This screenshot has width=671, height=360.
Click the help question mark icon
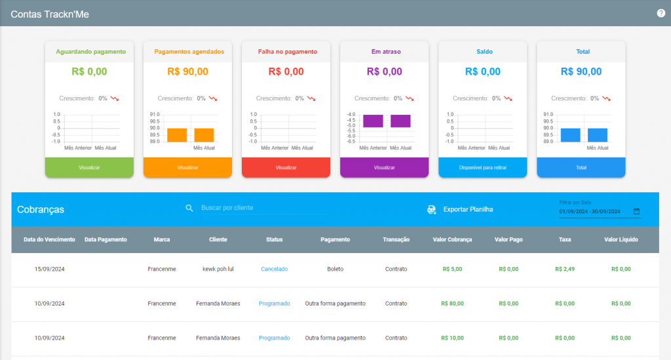pyautogui.click(x=661, y=13)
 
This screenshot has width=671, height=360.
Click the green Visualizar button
pyautogui.click(x=89, y=167)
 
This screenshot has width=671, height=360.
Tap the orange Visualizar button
pyautogui.click(x=187, y=167)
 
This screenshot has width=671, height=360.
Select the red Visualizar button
pyautogui.click(x=286, y=167)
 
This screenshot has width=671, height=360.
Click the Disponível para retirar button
pyautogui.click(x=483, y=167)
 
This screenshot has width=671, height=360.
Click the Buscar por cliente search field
pyautogui.click(x=263, y=208)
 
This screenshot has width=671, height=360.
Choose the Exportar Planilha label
pyautogui.click(x=468, y=209)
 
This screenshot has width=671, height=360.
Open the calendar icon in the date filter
pyautogui.click(x=636, y=211)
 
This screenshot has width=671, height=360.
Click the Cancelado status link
pyautogui.click(x=275, y=269)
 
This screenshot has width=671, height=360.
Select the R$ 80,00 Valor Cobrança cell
pyautogui.click(x=452, y=304)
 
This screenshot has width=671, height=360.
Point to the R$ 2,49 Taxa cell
pyautogui.click(x=565, y=269)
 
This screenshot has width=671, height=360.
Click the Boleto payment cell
pyautogui.click(x=335, y=269)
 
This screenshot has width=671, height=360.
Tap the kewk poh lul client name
pyautogui.click(x=218, y=269)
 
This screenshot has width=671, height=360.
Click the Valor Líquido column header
pyautogui.click(x=621, y=239)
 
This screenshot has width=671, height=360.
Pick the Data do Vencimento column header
pyautogui.click(x=49, y=239)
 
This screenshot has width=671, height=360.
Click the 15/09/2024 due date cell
pyautogui.click(x=50, y=269)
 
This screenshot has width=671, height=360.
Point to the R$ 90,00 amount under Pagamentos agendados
pyautogui.click(x=187, y=71)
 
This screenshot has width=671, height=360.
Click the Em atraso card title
pyautogui.click(x=386, y=51)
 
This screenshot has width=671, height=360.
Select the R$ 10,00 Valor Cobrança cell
pyautogui.click(x=452, y=338)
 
